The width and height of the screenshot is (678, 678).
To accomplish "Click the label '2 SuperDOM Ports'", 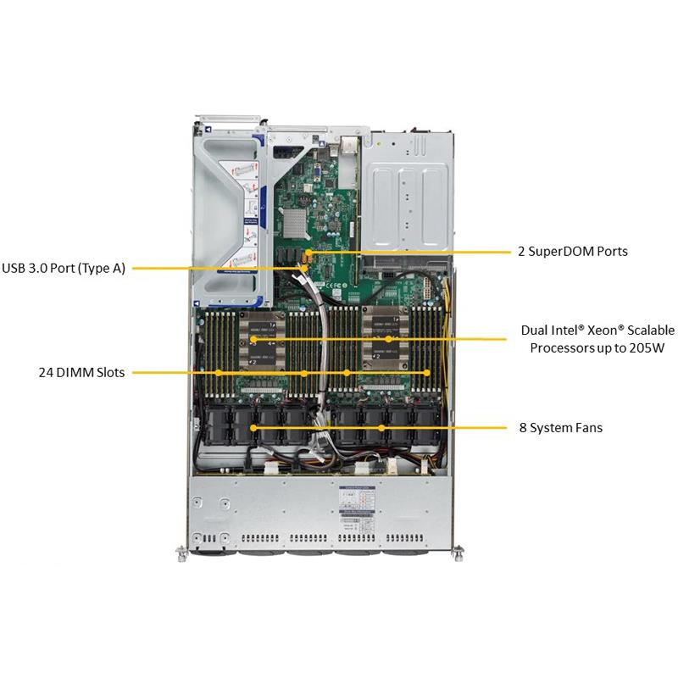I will (x=573, y=252).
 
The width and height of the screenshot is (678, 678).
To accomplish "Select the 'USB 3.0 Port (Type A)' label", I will (x=64, y=269).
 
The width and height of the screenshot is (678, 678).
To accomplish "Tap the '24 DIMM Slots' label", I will (x=81, y=372).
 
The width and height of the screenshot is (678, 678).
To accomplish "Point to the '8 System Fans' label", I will (x=561, y=428).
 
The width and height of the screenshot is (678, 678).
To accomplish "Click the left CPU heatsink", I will (x=253, y=340).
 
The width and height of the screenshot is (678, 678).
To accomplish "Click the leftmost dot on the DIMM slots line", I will (x=219, y=372).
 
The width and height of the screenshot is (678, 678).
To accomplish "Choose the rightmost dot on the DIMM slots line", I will (x=428, y=372).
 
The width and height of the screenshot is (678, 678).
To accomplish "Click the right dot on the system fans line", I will (x=382, y=428).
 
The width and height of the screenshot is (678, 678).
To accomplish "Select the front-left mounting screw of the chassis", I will (x=181, y=554).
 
